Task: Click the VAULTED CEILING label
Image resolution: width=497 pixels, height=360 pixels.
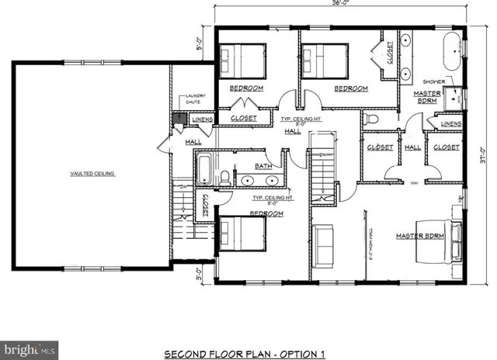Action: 92,174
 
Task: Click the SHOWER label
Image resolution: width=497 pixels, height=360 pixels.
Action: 432,81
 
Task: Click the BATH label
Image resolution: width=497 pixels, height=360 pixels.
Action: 263,165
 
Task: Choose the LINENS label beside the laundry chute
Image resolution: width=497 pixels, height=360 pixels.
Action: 203,119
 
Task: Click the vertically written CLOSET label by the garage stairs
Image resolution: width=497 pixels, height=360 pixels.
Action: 206,206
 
